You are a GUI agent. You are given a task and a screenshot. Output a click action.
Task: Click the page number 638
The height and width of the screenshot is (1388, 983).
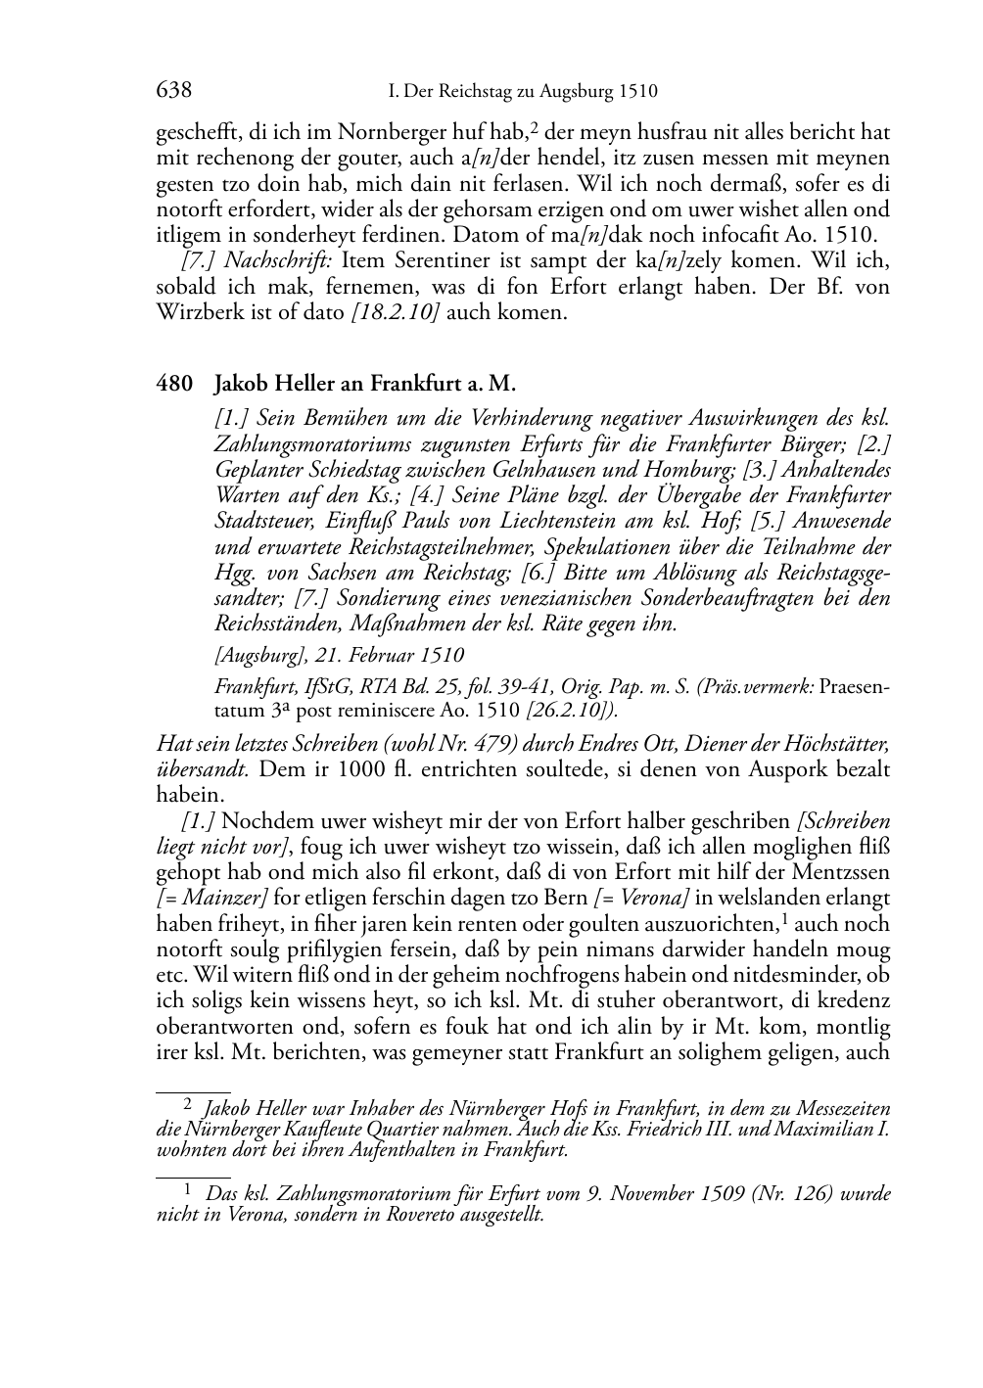tap(173, 91)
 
